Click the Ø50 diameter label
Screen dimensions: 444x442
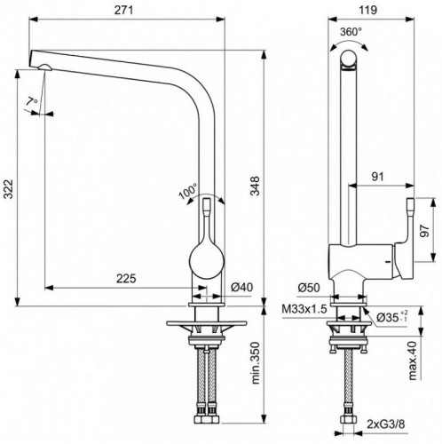point(307,287)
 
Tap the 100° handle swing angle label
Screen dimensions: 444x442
point(186,191)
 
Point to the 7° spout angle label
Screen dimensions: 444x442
point(32,101)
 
